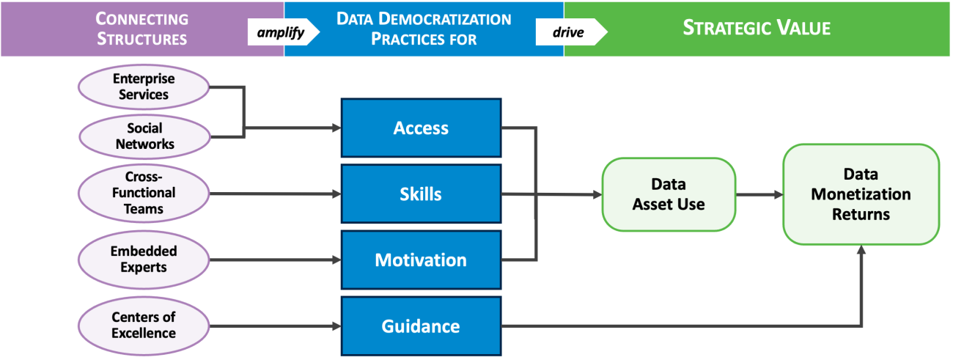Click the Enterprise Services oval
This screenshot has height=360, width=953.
coord(144,87)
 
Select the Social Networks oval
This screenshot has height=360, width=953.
coord(144,136)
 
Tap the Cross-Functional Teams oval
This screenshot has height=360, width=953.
coord(144,194)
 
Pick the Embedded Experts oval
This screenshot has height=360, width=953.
coord(144,260)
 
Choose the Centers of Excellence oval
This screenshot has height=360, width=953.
coord(144,326)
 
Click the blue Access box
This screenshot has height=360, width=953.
coord(421,128)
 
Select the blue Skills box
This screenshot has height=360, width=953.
coord(421,194)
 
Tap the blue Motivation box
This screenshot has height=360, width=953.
coord(421,260)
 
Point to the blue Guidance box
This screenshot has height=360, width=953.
coord(421,326)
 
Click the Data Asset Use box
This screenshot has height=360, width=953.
coord(669,194)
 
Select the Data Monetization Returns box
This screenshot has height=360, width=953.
coord(861,194)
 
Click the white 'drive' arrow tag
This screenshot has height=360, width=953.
coord(570,32)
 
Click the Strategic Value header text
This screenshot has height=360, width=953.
coord(757,29)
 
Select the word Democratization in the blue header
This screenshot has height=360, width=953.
coord(446,19)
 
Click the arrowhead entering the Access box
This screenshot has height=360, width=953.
coord(337,128)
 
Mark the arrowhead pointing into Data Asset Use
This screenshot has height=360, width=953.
coord(597,195)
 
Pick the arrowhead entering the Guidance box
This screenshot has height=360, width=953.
coord(337,326)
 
